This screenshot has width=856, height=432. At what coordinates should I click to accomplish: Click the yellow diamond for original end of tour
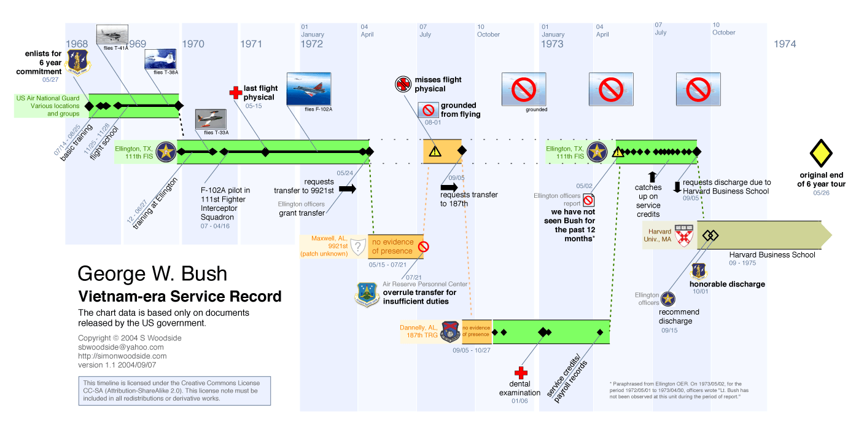[x=821, y=154]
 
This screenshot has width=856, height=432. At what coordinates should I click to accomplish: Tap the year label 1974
[x=785, y=44]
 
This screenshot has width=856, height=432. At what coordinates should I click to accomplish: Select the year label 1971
[x=251, y=44]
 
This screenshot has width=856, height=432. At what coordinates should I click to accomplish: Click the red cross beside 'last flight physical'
[x=235, y=92]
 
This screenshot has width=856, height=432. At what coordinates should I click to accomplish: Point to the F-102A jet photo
[x=309, y=89]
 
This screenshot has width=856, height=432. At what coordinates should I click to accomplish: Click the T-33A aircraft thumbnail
[x=211, y=119]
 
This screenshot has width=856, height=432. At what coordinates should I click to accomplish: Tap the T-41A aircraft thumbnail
[x=112, y=34]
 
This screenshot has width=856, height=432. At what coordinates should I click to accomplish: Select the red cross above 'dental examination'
[x=521, y=373]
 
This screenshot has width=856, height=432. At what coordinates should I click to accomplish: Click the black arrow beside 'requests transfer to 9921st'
[x=347, y=189]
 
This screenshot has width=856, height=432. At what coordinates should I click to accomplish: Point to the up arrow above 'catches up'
[x=652, y=177]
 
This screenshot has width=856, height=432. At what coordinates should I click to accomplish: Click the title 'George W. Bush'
[x=152, y=274]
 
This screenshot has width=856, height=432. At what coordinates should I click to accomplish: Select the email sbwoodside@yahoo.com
[x=121, y=347]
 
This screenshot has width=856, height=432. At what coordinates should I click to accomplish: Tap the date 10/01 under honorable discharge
[x=701, y=293]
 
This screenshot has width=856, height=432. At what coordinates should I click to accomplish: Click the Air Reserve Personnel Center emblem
[x=367, y=294]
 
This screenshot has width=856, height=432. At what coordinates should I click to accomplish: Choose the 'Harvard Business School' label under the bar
[x=772, y=254]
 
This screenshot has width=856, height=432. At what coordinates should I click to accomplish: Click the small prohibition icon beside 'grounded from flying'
[x=428, y=111]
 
